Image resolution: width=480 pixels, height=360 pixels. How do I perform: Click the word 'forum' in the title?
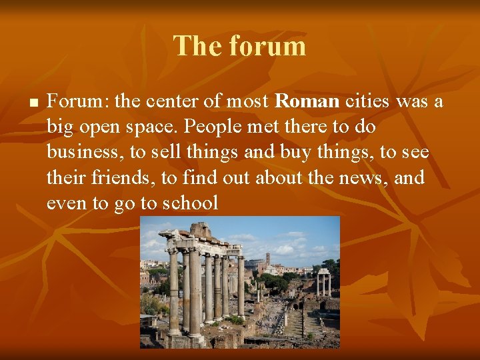pos(267,46)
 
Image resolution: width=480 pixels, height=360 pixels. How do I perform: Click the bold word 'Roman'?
pos(307,101)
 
